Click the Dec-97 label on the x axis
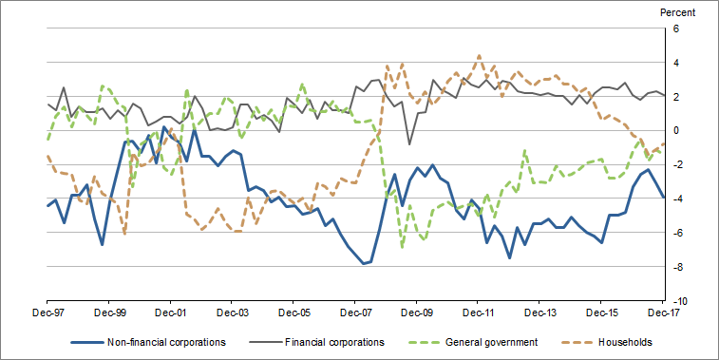[x=47, y=312]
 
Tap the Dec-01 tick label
[x=170, y=312]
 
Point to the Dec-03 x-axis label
[x=232, y=312]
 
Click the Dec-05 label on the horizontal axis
[x=293, y=312]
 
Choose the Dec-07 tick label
[x=355, y=312]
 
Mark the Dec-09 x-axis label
[x=417, y=312]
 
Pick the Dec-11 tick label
[x=479, y=312]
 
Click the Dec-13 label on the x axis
[x=540, y=312]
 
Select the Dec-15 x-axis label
[x=602, y=312]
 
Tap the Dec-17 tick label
[x=664, y=312]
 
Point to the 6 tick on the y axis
[x=678, y=28]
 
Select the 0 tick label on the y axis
[x=678, y=130]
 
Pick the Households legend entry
[x=628, y=342]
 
